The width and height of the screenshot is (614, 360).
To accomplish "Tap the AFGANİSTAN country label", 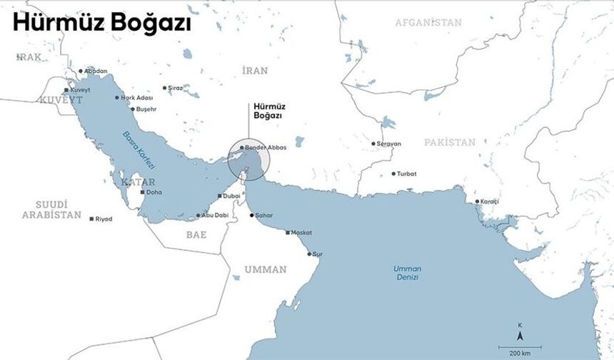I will pyautogui.click(x=428, y=22).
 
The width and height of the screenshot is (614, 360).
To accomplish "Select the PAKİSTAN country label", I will pyautogui.click(x=450, y=142).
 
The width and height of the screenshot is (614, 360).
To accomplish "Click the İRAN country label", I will pyautogui.click(x=255, y=70).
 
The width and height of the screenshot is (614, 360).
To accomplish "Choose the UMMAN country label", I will pyautogui.click(x=266, y=269).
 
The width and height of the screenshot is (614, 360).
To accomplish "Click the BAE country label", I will pyautogui.click(x=196, y=234).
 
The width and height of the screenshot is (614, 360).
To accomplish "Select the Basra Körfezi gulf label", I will pyautogui.click(x=139, y=149).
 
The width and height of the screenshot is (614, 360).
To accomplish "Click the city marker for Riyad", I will pyautogui.click(x=91, y=219).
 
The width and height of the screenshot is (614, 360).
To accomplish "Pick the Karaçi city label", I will pyautogui.click(x=490, y=201).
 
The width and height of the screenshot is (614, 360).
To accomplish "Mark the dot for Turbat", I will pyautogui.click(x=393, y=174).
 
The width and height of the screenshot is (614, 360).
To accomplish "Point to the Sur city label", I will pyautogui.click(x=318, y=254).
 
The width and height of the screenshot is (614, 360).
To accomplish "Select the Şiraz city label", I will pyautogui.click(x=174, y=88).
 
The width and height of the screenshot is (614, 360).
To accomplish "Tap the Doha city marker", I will pyautogui.click(x=142, y=192).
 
